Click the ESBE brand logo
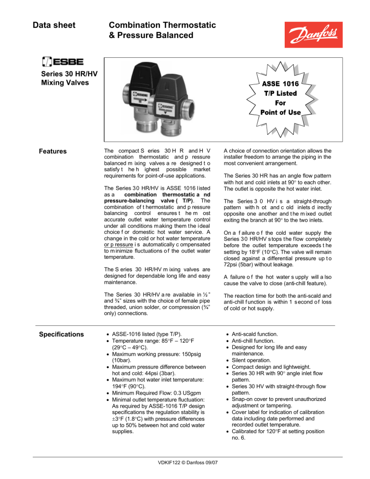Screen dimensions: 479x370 (63, 62)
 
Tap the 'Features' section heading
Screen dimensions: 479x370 (53, 151)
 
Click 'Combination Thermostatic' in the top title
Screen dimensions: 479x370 (162, 25)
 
